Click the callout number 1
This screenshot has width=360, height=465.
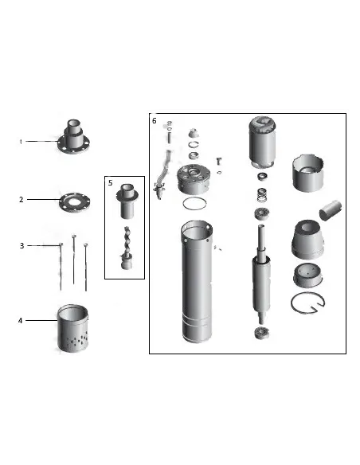tap(21, 142)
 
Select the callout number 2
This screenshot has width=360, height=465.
tap(22, 200)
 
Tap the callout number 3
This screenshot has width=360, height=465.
tap(22, 246)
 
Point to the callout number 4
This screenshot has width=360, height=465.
tap(21, 320)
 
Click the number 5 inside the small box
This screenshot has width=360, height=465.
tap(111, 182)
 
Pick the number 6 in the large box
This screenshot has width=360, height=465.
tap(154, 121)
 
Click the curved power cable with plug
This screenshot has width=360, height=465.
tap(164, 172)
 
